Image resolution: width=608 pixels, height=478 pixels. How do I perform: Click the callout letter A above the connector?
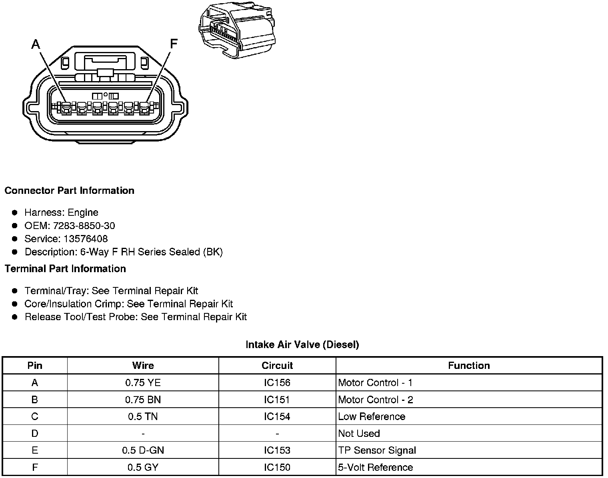(x=36, y=44)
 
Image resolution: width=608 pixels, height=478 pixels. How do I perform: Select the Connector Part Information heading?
(x=69, y=191)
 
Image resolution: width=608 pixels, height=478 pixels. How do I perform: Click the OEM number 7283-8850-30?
(x=84, y=226)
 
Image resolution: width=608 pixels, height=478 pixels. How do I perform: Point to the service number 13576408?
(x=86, y=239)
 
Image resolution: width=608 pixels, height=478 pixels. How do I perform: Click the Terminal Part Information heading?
(x=65, y=269)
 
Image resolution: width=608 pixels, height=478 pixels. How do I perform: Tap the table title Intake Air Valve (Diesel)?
(x=302, y=345)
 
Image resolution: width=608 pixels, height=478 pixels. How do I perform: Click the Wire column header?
(x=143, y=366)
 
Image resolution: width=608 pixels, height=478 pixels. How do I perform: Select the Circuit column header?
(x=277, y=366)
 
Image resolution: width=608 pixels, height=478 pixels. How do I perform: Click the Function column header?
(x=468, y=366)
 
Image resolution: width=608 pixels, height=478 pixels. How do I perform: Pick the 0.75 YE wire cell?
(x=143, y=383)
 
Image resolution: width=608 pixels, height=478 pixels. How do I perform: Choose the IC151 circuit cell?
(x=277, y=400)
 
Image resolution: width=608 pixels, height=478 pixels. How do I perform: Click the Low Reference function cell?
(x=371, y=417)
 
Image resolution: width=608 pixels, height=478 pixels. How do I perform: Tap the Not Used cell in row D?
(x=359, y=434)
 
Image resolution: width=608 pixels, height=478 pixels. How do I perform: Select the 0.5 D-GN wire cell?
(x=143, y=450)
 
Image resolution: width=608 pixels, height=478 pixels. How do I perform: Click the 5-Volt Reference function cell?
(x=375, y=467)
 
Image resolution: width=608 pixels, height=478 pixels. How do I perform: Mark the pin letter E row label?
(x=35, y=450)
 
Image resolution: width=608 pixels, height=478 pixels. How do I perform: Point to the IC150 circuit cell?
(x=277, y=467)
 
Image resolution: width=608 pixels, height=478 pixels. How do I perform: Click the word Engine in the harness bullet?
(x=83, y=213)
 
